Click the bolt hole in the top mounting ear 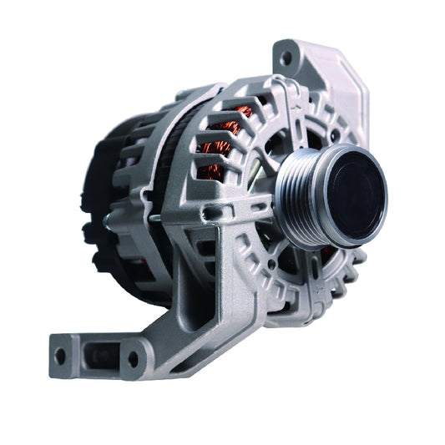[286, 58]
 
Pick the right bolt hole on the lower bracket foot [132, 359]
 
